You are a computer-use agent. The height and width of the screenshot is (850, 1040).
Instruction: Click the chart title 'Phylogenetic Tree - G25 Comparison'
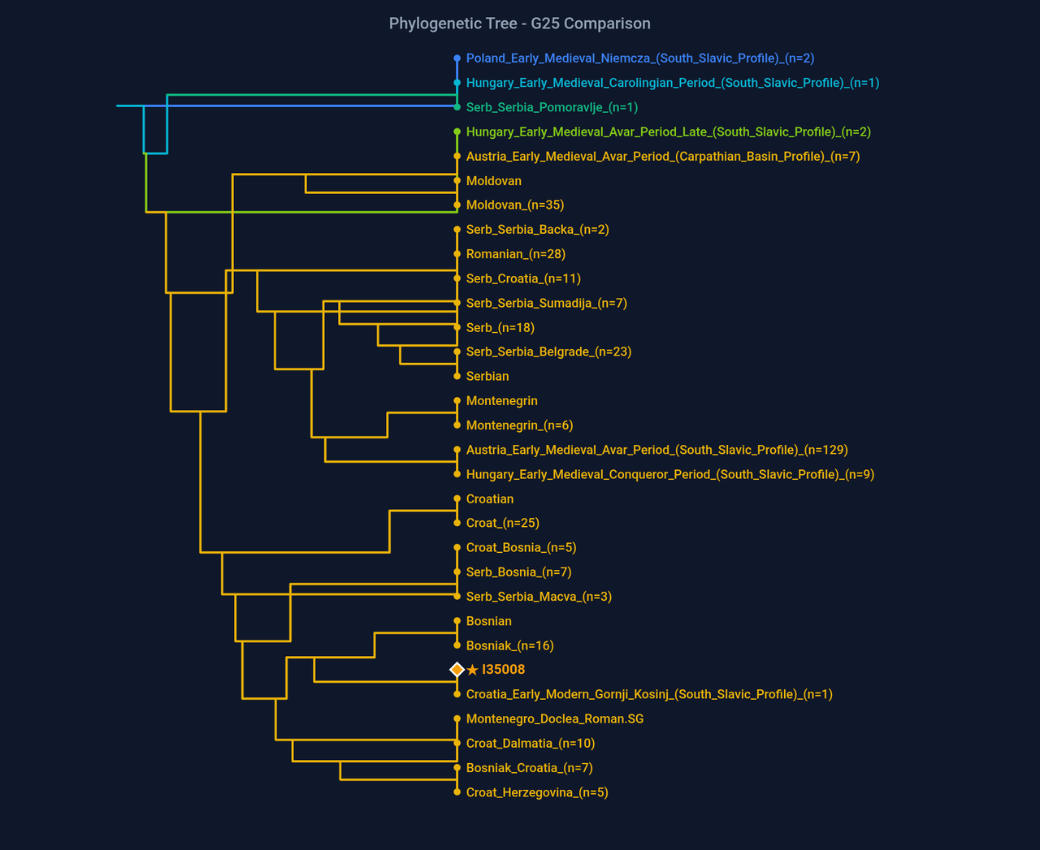click(x=519, y=24)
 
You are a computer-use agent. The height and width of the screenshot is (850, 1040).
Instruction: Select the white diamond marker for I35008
click(x=457, y=670)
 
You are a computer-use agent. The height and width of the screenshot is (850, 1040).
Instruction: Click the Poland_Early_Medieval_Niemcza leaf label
click(x=639, y=58)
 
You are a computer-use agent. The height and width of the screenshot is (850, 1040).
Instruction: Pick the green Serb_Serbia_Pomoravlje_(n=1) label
click(x=552, y=107)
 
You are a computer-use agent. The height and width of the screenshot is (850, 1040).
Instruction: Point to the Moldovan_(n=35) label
click(x=514, y=205)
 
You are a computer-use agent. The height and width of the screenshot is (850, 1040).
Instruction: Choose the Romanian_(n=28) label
click(x=515, y=254)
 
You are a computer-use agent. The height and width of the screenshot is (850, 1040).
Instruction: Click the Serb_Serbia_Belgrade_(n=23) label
click(x=548, y=352)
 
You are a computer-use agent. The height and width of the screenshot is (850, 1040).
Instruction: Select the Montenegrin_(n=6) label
click(x=519, y=425)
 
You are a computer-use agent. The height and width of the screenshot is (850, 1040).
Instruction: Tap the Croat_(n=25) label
click(x=502, y=523)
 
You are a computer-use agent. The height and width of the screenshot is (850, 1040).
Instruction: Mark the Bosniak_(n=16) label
click(x=509, y=645)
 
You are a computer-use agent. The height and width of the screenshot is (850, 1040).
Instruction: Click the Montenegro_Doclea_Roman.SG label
click(x=554, y=718)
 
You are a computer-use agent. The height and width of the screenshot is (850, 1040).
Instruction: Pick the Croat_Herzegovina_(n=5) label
click(x=536, y=792)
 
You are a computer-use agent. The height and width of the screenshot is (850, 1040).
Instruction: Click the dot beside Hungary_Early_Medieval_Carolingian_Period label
click(x=457, y=83)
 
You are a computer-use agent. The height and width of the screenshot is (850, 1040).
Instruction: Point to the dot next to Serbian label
click(x=457, y=377)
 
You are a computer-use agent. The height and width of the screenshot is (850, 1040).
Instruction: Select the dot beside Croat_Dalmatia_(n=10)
click(x=457, y=744)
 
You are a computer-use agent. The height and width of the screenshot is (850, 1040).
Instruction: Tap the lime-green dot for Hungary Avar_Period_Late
click(x=457, y=132)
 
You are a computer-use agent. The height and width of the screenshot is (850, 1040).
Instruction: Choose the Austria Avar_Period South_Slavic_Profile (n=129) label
click(x=656, y=450)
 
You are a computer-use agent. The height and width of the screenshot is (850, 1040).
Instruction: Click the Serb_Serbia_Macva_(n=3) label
click(x=539, y=597)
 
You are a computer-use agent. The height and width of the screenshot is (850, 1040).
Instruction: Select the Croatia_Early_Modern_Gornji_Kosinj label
click(x=648, y=694)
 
